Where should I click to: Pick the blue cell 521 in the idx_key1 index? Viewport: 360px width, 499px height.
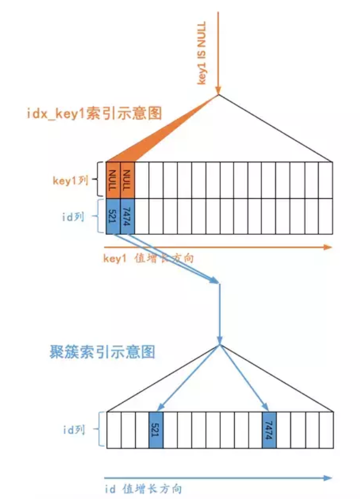point(113,216)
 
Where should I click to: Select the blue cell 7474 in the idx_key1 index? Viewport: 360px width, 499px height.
point(128,216)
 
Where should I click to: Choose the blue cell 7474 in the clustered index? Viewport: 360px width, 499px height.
point(269,429)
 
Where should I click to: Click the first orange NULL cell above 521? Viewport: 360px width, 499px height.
point(113,180)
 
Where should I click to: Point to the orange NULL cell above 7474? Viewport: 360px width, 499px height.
point(128,180)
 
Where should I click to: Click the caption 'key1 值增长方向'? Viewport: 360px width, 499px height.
point(148,258)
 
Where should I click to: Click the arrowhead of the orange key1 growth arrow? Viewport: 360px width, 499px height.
point(328,247)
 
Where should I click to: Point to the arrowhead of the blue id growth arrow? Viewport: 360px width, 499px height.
point(329,478)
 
